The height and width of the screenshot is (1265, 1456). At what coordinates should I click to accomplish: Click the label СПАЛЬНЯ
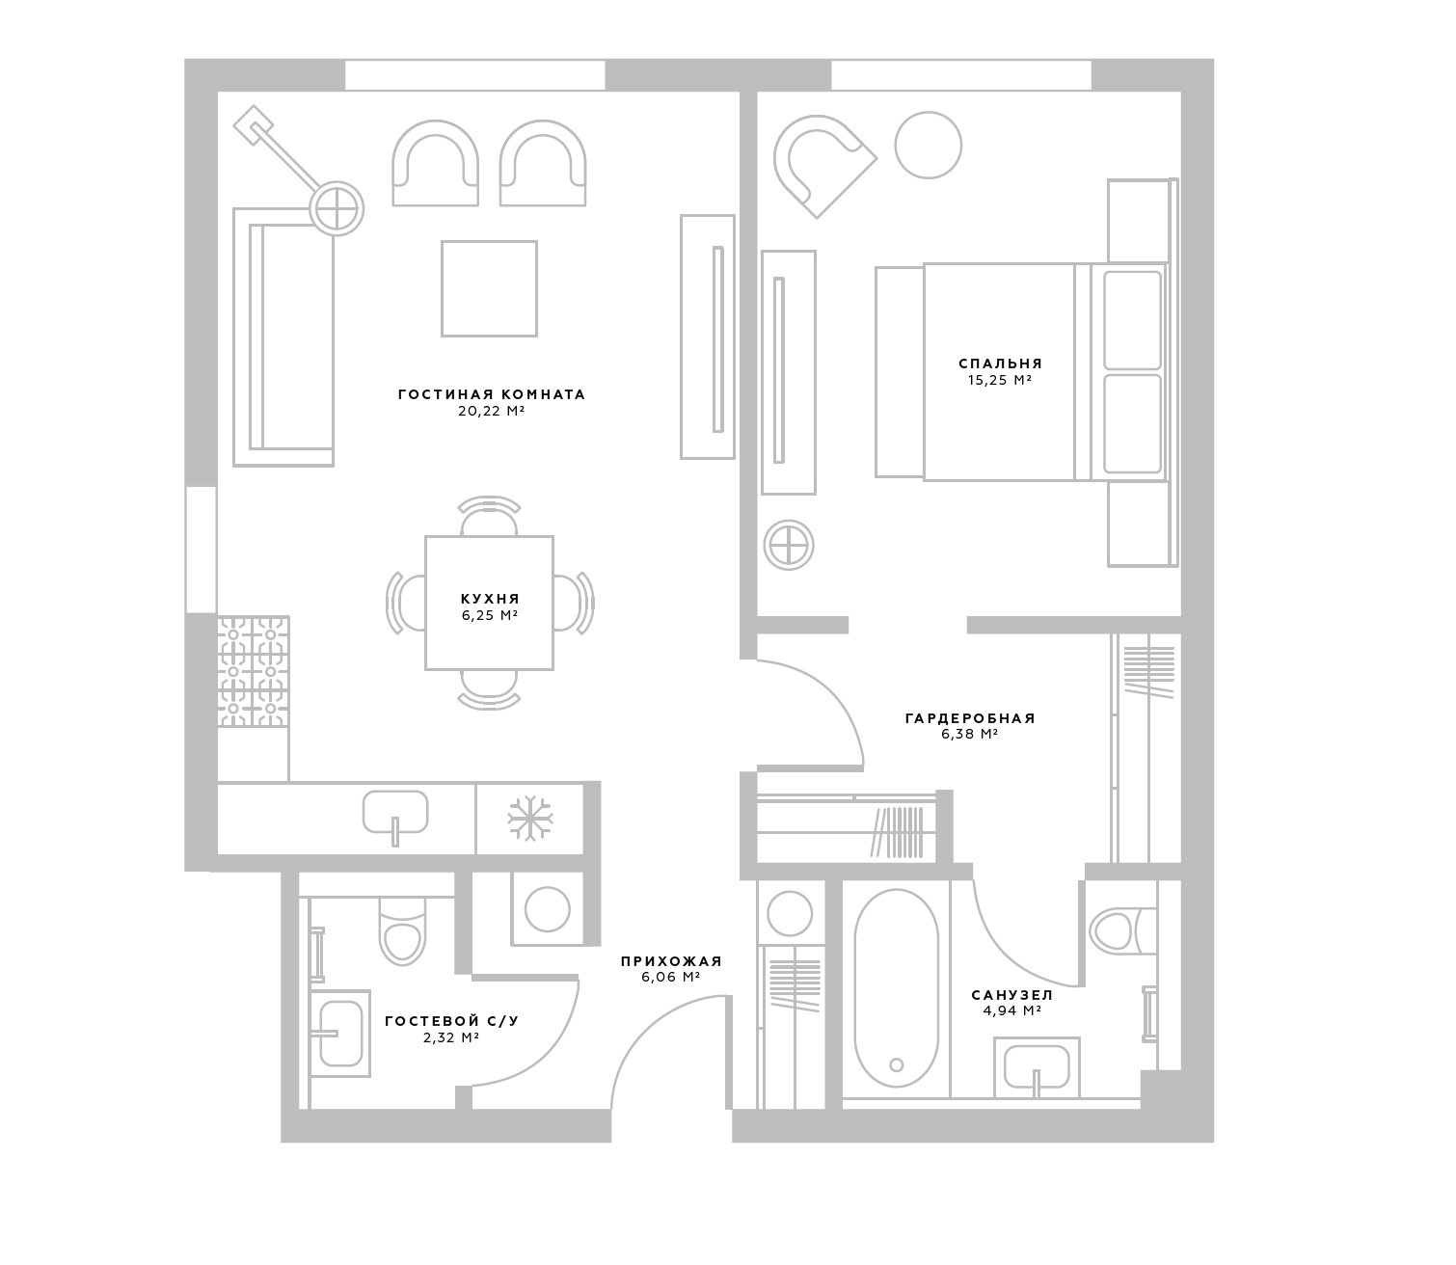click(999, 363)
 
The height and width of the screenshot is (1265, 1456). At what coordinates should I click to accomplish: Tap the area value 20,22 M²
click(491, 412)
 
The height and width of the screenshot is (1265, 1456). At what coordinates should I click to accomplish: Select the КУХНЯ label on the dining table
click(490, 599)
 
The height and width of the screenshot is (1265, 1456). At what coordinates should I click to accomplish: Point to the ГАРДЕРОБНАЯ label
click(970, 718)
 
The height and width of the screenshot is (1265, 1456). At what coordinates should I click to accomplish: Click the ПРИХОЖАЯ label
click(671, 961)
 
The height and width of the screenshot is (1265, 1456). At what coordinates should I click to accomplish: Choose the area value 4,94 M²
click(1011, 1010)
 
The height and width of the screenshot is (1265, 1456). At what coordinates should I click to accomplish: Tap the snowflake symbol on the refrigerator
click(529, 818)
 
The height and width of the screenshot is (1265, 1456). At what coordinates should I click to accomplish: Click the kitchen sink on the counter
click(395, 816)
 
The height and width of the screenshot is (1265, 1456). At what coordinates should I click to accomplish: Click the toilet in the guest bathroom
click(403, 930)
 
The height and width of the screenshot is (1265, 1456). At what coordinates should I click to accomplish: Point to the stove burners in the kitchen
click(254, 672)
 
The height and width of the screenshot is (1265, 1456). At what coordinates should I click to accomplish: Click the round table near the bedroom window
click(928, 146)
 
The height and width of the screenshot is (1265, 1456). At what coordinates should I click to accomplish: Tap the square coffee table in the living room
click(489, 288)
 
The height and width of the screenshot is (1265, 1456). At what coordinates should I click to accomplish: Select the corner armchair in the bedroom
click(822, 165)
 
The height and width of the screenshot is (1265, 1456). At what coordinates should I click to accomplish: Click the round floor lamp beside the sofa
click(337, 209)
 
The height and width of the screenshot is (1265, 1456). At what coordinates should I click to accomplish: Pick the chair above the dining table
click(489, 515)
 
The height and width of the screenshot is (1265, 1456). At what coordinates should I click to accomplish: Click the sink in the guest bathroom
click(340, 1034)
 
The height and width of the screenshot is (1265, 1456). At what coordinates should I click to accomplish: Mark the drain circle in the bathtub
click(897, 1065)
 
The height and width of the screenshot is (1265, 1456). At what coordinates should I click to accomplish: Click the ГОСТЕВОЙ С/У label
click(452, 1021)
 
